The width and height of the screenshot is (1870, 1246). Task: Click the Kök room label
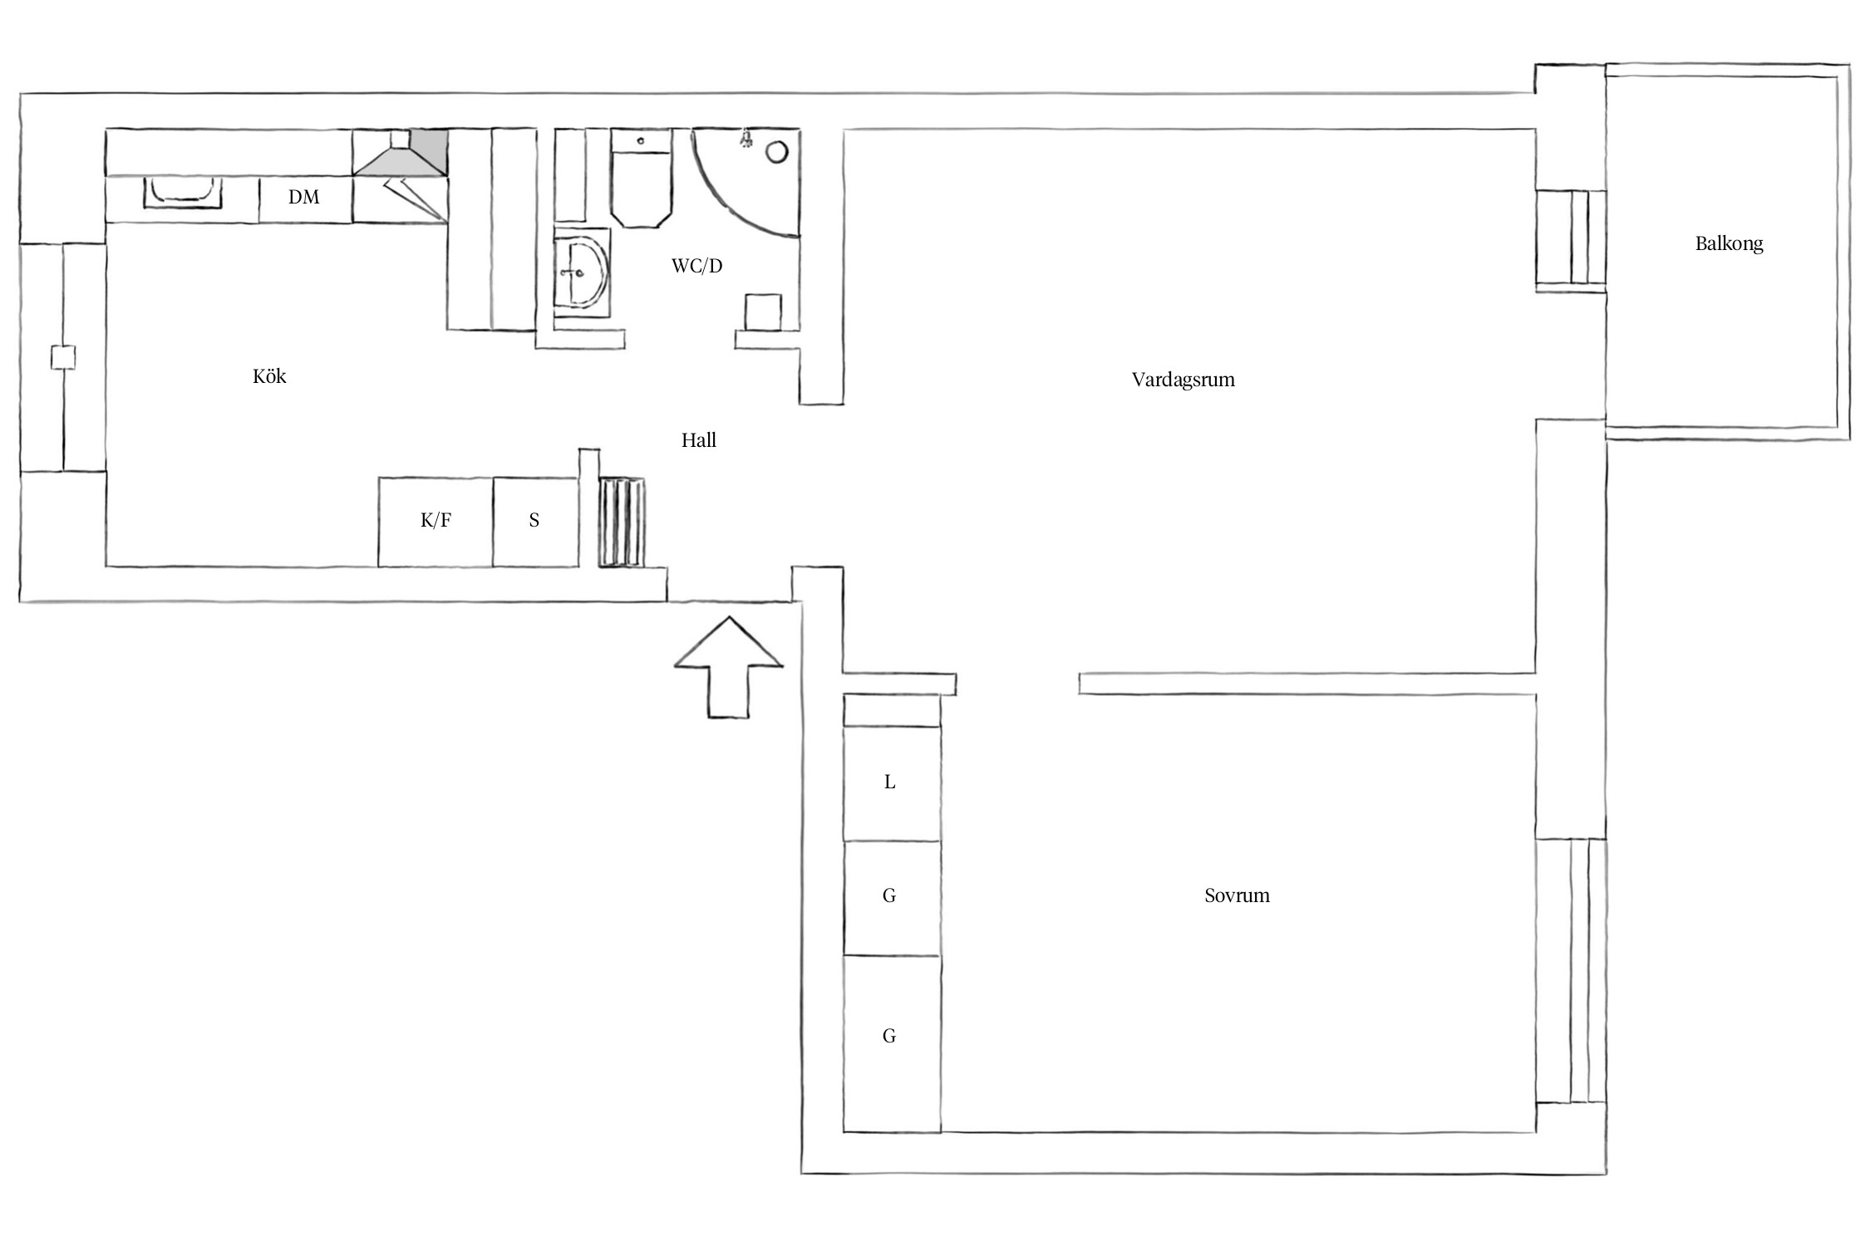269,376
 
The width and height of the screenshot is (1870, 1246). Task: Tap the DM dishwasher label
303,197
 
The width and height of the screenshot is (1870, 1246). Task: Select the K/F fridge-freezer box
436,522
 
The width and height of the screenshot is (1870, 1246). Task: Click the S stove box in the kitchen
535,522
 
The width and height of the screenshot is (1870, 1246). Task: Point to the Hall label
699,440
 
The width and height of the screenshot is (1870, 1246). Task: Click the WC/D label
697,266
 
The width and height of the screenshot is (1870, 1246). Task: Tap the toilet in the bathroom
641,177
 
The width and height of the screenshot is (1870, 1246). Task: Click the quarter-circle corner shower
746,182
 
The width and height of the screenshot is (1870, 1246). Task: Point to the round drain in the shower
777,152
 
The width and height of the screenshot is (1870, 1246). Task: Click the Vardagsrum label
1184,380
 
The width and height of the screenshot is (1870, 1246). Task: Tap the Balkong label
1729,243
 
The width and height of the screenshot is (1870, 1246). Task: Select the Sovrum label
1237,895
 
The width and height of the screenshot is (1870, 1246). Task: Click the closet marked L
892,783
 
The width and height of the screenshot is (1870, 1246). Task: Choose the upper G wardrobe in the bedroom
892,898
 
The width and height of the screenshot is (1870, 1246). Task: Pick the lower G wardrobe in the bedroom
892,1043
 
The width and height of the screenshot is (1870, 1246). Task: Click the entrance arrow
729,667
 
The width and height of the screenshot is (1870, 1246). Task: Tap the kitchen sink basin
183,192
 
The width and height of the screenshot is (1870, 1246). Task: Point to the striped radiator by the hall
621,522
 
